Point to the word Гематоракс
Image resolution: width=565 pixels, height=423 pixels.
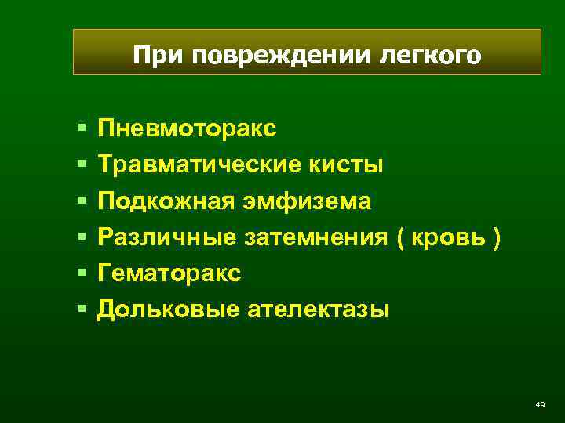click(x=169, y=273)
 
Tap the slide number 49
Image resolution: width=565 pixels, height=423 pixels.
click(x=539, y=404)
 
